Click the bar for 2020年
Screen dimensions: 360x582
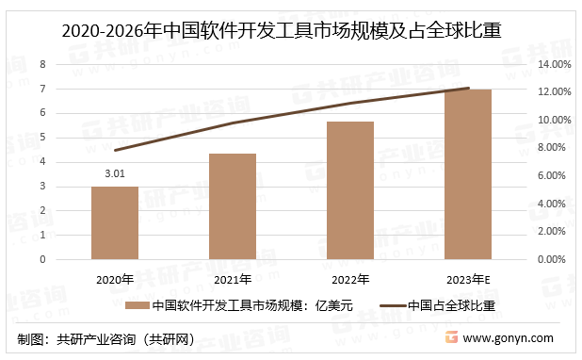click(115, 222)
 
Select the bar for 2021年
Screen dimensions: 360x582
click(233, 206)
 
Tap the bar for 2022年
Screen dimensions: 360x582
click(350, 190)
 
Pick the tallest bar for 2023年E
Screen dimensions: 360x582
click(468, 174)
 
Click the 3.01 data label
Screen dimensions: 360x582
click(115, 173)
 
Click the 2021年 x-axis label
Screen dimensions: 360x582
click(233, 279)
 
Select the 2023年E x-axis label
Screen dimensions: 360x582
click(468, 279)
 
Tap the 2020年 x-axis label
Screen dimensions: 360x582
click(115, 279)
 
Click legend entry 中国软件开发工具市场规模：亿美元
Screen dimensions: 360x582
click(237, 305)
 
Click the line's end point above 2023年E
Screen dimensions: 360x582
click(468, 89)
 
